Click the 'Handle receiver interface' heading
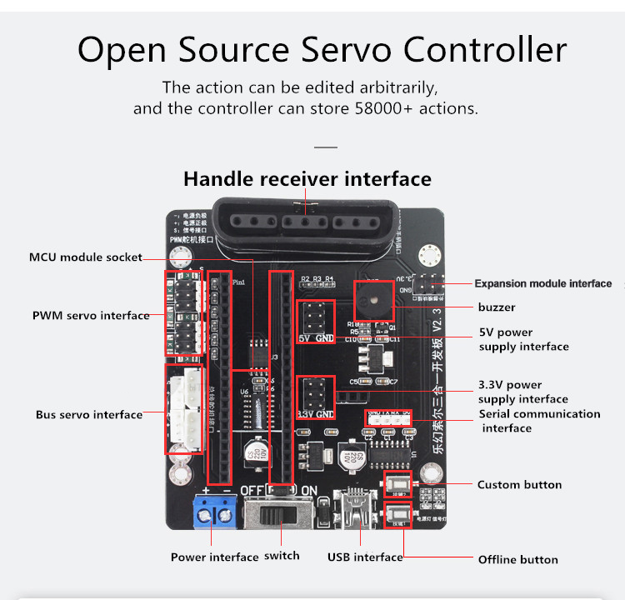tap(307, 179)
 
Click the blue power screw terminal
tap(214, 510)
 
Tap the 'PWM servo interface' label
tap(90, 316)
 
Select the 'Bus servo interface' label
tap(88, 414)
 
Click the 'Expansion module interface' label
tap(542, 283)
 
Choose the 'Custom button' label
tap(519, 485)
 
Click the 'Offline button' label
tap(517, 559)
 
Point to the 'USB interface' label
tap(365, 557)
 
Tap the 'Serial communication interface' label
tap(539, 421)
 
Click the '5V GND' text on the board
tap(317, 339)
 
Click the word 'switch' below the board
tap(282, 556)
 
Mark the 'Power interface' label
tap(214, 557)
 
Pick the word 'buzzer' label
tap(496, 307)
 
